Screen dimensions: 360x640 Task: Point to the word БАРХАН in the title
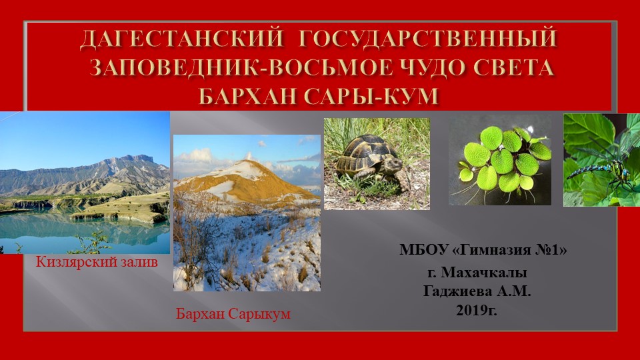(251, 95)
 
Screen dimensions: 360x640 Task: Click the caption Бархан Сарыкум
(233, 313)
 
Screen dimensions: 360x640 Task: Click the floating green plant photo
(500, 160)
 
